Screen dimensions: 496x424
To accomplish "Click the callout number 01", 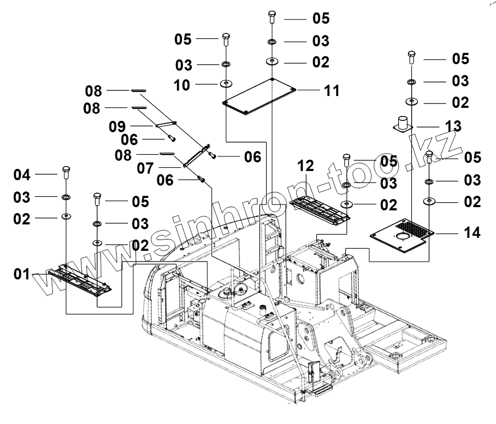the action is (x=22, y=274).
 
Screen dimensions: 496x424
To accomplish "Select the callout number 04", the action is (x=22, y=175).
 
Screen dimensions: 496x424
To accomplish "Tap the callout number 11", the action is (x=331, y=91).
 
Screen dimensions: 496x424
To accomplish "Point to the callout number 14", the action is (x=472, y=232).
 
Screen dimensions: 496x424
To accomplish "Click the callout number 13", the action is (x=453, y=126).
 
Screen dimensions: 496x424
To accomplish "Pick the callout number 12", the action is (x=305, y=166).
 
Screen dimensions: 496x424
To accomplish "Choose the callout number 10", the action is (x=182, y=85).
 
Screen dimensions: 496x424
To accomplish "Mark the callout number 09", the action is (x=117, y=126).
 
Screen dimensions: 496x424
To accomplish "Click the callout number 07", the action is (x=145, y=168).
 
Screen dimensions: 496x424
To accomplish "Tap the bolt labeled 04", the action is (x=66, y=172).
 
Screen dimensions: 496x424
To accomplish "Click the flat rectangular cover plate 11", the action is (x=259, y=96).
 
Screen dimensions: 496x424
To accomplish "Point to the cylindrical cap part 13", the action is (x=403, y=124).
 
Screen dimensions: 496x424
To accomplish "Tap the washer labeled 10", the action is (x=226, y=84).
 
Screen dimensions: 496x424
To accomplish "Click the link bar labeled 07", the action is (x=196, y=155).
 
